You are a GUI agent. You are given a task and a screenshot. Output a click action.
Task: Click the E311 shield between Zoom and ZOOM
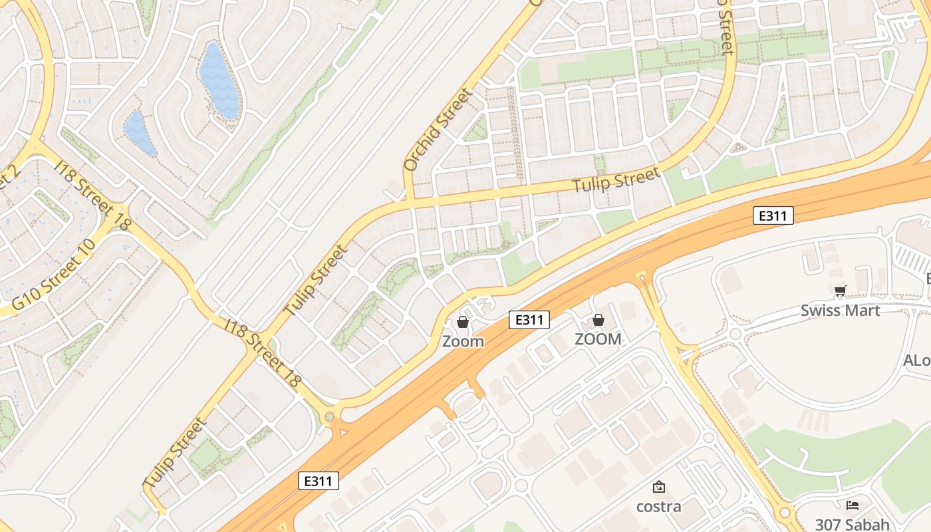[x=529, y=320]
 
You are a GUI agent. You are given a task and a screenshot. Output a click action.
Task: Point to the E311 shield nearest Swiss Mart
[x=773, y=215]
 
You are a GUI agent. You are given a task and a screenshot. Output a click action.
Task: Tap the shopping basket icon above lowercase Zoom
[x=463, y=322]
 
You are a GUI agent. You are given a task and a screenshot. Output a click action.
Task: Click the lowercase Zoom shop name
[x=463, y=342]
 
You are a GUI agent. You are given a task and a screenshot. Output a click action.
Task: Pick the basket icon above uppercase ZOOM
[x=598, y=320]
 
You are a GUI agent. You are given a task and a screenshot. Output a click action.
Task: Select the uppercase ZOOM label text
[x=598, y=339]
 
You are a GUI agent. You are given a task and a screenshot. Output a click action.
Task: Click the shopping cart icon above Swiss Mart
[x=840, y=291]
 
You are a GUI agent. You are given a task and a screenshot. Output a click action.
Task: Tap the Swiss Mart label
[x=840, y=311]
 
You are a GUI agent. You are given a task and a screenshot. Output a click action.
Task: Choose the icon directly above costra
[x=658, y=487]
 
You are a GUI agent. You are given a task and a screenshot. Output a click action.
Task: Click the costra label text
[x=658, y=507]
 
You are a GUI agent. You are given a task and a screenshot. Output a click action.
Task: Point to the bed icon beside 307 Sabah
[x=853, y=505]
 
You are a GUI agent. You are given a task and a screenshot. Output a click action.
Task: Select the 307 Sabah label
[x=853, y=524]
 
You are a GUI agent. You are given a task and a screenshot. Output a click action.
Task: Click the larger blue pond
[x=219, y=80]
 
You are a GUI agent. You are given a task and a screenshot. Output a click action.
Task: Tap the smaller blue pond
[x=140, y=133]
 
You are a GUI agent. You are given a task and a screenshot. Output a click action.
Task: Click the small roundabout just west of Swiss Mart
[x=734, y=333]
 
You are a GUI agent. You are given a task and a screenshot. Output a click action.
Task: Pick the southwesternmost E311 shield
[x=319, y=481]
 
